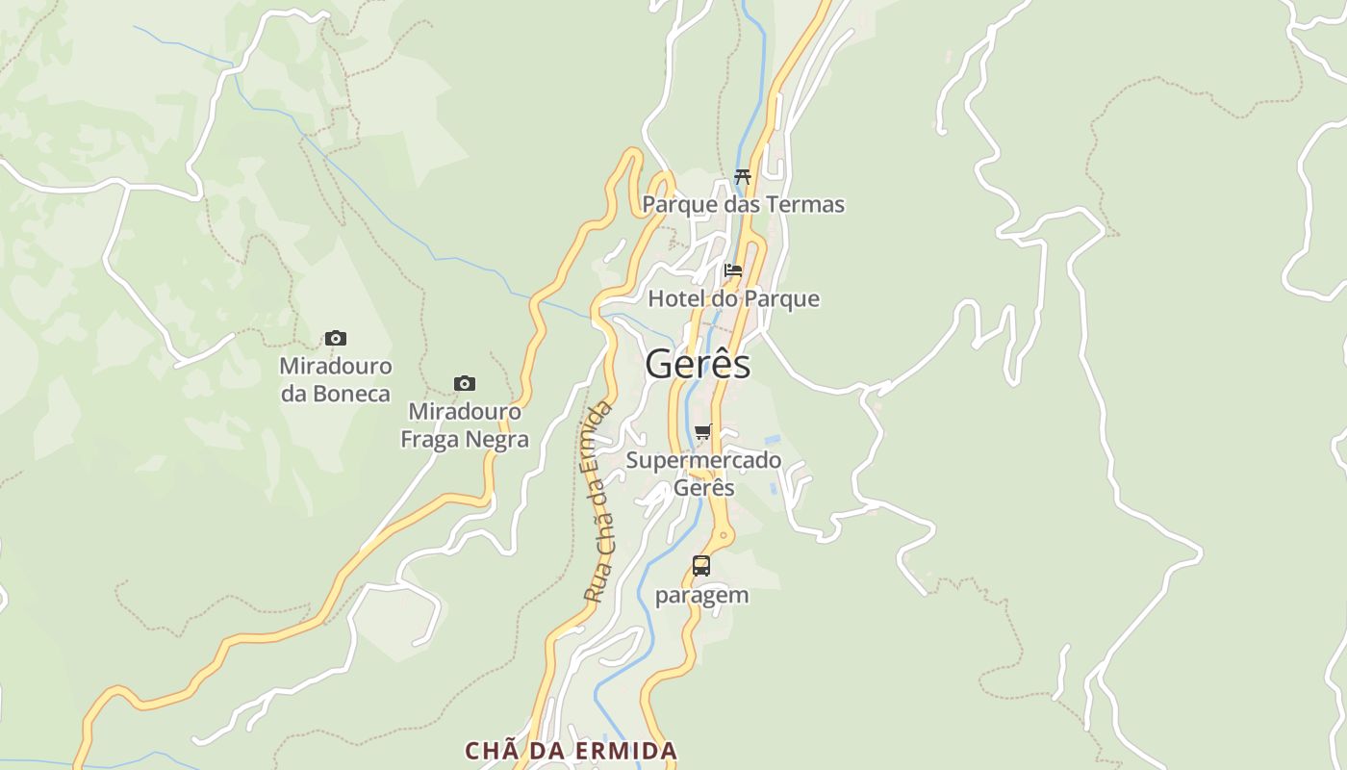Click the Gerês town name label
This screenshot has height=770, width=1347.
[698, 365]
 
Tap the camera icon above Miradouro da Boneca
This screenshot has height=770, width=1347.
[335, 338]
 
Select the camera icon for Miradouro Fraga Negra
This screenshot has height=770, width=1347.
[465, 384]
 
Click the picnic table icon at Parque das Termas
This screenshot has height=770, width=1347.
[742, 176]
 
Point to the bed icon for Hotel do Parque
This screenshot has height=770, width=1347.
[733, 270]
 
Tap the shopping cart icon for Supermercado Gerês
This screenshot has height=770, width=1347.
[703, 432]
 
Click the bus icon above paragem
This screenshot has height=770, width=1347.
[701, 566]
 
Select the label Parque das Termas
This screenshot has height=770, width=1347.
[743, 204]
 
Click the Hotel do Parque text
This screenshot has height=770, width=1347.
[733, 298]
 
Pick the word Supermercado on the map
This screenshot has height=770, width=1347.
[703, 460]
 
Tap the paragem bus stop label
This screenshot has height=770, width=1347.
[701, 595]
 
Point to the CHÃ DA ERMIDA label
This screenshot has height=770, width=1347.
[572, 750]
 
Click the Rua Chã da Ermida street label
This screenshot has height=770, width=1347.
[597, 502]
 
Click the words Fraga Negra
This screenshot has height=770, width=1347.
[465, 440]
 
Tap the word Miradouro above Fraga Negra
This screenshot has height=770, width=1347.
[465, 412]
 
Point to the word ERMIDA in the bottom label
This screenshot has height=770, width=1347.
[628, 750]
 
